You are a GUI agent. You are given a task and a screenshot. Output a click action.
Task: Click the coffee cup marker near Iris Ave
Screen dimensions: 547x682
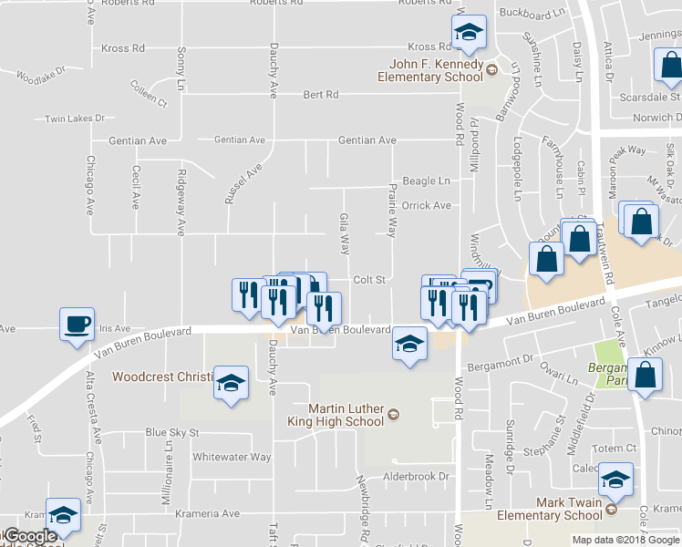pyautogui.click(x=77, y=323)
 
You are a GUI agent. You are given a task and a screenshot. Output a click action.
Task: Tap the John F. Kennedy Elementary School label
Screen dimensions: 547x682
pyautogui.click(x=431, y=71)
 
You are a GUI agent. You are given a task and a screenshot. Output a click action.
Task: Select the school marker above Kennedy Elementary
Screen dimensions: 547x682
pyautogui.click(x=469, y=34)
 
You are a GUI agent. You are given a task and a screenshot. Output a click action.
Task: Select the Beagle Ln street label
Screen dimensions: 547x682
pyautogui.click(x=426, y=181)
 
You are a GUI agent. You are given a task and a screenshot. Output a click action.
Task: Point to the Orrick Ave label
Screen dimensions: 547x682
pyautogui.click(x=427, y=205)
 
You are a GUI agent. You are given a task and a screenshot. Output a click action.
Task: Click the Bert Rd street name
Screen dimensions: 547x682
pyautogui.click(x=320, y=94)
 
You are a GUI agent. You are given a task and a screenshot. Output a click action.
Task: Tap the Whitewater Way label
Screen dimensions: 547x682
pyautogui.click(x=232, y=457)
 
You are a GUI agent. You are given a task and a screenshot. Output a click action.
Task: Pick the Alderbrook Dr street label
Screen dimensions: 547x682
pyautogui.click(x=417, y=476)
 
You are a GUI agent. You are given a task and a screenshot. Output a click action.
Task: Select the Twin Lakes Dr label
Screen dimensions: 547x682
pyautogui.click(x=76, y=119)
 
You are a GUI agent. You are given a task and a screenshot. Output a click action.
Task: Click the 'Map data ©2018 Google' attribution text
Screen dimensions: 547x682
pyautogui.click(x=626, y=540)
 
